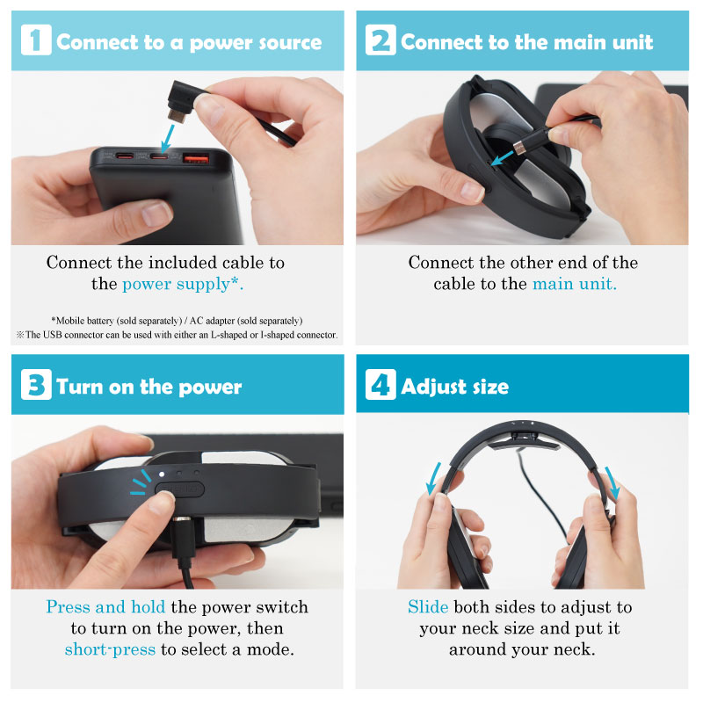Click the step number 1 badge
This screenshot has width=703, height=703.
click(36, 40)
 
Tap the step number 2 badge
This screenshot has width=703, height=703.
click(380, 40)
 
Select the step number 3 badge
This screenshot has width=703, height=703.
click(36, 385)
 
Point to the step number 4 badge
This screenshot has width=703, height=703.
click(380, 385)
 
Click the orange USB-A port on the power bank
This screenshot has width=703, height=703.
click(195, 158)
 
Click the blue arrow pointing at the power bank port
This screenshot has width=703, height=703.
click(167, 139)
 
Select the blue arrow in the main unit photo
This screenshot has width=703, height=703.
click(503, 158)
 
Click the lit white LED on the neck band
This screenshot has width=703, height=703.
click(162, 474)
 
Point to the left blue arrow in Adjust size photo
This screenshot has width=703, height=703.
click(433, 479)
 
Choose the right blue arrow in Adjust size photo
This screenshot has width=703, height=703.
click(612, 483)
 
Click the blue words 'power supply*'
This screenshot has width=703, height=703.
click(183, 284)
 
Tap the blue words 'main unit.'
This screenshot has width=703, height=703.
click(575, 284)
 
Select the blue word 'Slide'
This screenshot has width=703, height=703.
click(428, 606)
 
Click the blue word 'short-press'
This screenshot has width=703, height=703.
click(110, 649)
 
